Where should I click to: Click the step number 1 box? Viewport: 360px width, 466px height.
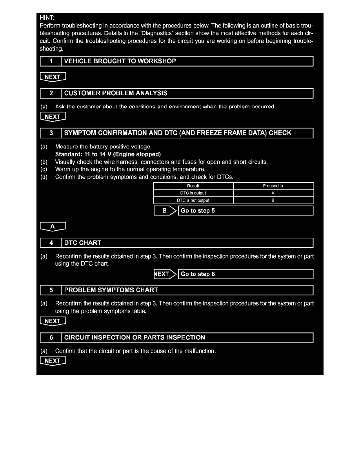pyautogui.click(x=51, y=61)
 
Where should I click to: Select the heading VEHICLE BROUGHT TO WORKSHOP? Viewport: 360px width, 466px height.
pyautogui.click(x=120, y=61)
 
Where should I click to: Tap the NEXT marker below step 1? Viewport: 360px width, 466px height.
pyautogui.click(x=53, y=77)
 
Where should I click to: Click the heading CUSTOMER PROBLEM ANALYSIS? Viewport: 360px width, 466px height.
pyautogui.click(x=116, y=93)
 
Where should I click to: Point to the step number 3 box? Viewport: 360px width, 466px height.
pyautogui.click(x=51, y=133)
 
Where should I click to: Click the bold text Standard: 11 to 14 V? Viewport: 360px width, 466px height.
pyautogui.click(x=108, y=154)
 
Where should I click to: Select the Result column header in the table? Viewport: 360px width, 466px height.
pyautogui.click(x=193, y=186)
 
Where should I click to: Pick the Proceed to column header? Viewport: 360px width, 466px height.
pyautogui.click(x=273, y=186)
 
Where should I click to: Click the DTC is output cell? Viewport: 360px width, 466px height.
pyautogui.click(x=193, y=193)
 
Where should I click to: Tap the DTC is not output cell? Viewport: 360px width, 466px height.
pyautogui.click(x=193, y=200)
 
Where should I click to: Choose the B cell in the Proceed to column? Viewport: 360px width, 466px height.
pyautogui.click(x=273, y=200)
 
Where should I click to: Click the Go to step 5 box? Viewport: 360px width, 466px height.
pyautogui.click(x=245, y=211)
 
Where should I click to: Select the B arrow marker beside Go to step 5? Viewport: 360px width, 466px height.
pyautogui.click(x=165, y=211)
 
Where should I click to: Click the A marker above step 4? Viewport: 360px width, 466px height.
pyautogui.click(x=53, y=226)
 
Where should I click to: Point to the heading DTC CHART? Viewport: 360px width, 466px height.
pyautogui.click(x=83, y=243)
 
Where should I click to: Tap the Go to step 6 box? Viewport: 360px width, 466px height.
pyautogui.click(x=245, y=274)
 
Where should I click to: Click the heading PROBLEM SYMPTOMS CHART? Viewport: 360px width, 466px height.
pyautogui.click(x=111, y=290)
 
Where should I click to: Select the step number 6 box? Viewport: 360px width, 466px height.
pyautogui.click(x=51, y=337)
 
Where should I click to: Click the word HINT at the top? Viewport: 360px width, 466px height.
pyautogui.click(x=47, y=18)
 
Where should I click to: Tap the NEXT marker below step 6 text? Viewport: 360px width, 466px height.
pyautogui.click(x=53, y=361)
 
